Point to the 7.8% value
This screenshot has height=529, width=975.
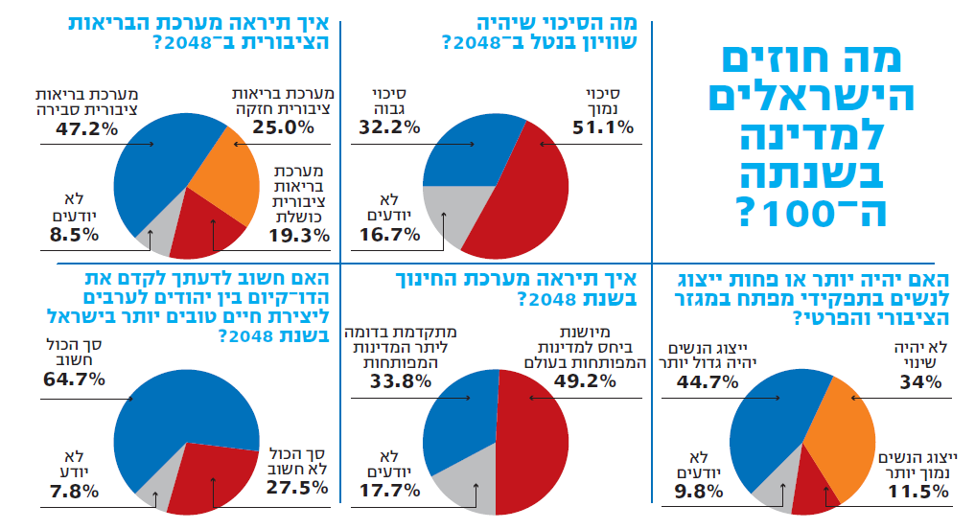point(73,492)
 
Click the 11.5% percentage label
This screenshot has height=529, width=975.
point(918,493)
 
